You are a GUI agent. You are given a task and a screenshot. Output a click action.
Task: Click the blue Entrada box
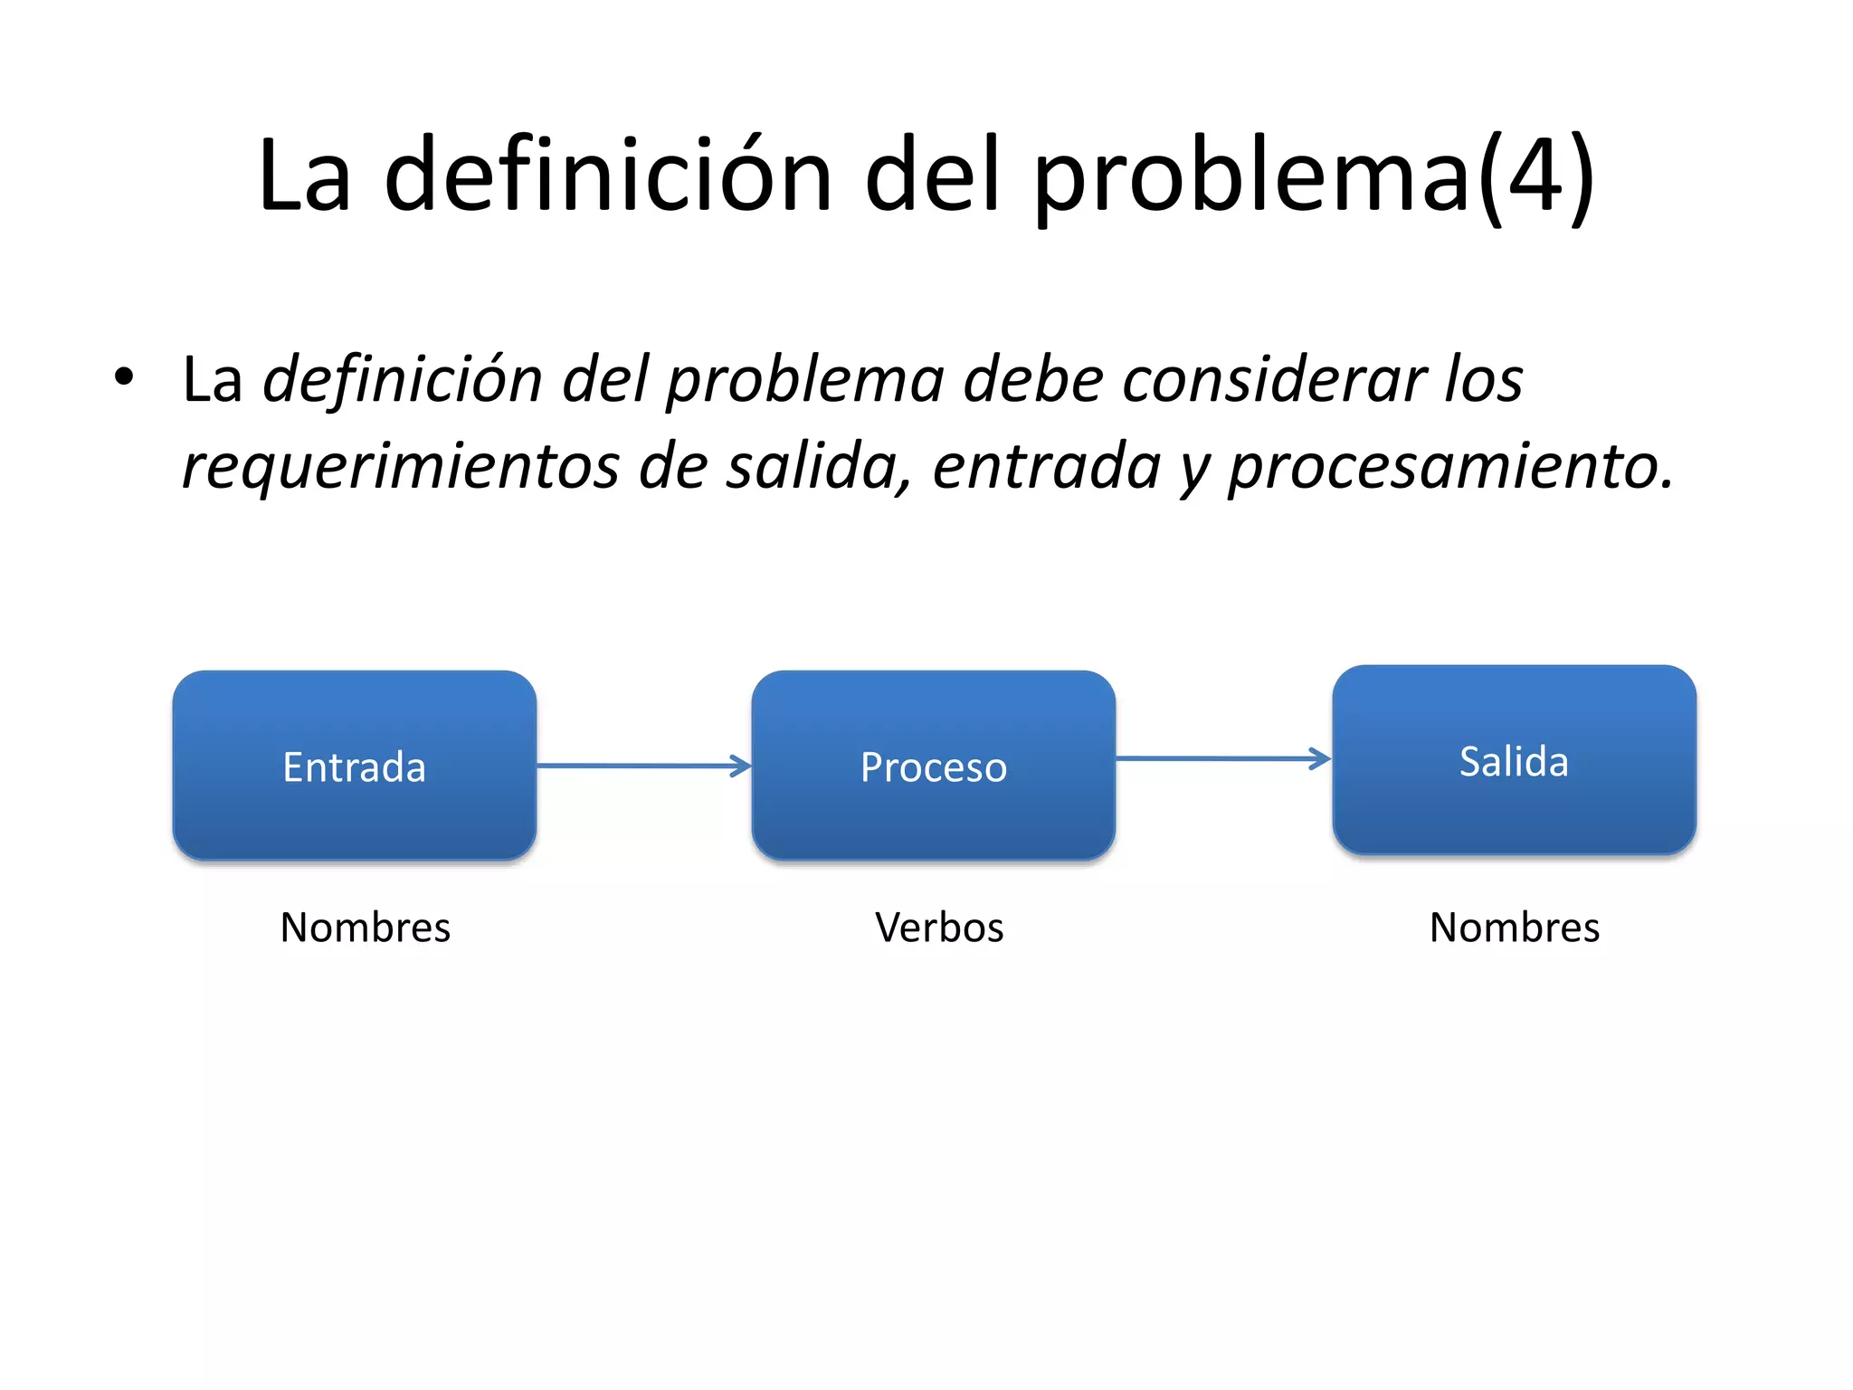[x=354, y=766]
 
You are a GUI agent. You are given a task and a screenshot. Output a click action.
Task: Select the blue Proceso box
[x=933, y=766]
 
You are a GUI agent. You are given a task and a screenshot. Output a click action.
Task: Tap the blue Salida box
[x=1514, y=760]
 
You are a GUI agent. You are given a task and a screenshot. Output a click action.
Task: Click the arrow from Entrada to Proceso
[x=643, y=766]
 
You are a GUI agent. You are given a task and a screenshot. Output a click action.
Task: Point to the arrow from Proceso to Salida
[x=1222, y=758]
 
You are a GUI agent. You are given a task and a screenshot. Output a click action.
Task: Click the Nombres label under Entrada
[x=365, y=928]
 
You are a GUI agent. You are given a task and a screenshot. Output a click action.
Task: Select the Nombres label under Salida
[x=1514, y=928]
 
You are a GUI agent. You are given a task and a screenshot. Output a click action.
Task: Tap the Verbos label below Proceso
[x=939, y=928]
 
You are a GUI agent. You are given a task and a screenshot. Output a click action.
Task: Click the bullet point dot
[x=124, y=376]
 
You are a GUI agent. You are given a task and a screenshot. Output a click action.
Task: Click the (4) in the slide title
[x=1537, y=174]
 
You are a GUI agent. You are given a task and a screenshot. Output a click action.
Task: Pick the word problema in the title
[x=1252, y=177]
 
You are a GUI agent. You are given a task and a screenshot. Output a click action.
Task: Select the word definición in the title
[x=607, y=174]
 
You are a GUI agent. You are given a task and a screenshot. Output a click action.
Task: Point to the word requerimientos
[x=399, y=467]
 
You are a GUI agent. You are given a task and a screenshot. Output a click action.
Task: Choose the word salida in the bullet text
[x=819, y=467]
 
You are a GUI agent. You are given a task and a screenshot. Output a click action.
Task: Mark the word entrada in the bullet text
[x=1045, y=467]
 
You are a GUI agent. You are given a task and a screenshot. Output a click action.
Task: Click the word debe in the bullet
[x=1032, y=378]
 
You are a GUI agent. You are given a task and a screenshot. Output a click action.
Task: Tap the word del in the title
[x=933, y=174]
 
